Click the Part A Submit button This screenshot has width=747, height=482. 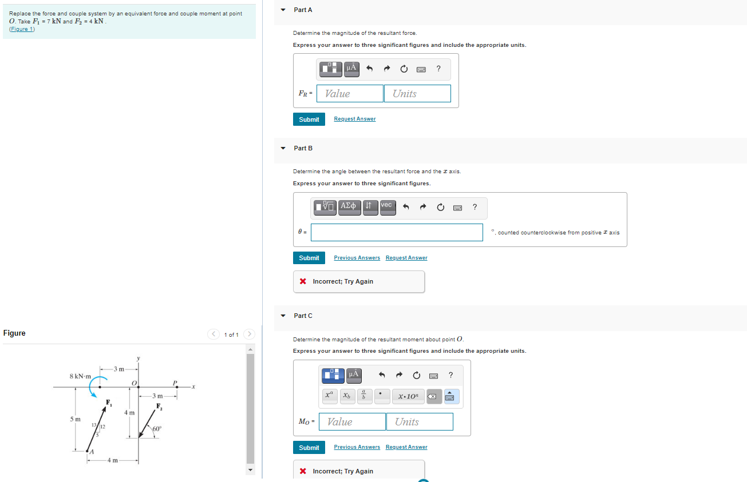[x=309, y=119]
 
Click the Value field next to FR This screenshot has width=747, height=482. [x=350, y=94]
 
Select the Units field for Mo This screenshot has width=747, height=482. [x=419, y=422]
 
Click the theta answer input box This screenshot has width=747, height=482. [x=397, y=232]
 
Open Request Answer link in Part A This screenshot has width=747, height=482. [x=355, y=119]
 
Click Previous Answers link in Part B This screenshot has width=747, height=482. [x=357, y=258]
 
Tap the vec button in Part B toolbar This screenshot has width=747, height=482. [x=388, y=206]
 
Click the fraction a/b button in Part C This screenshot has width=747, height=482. [x=365, y=396]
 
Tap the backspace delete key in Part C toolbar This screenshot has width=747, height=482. [x=434, y=396]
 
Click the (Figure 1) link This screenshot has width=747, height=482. [x=22, y=29]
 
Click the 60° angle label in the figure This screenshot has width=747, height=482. [x=156, y=428]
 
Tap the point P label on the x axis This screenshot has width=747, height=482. [x=175, y=382]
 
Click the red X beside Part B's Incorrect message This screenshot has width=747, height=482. [x=302, y=281]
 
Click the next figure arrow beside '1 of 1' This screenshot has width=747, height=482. [x=249, y=334]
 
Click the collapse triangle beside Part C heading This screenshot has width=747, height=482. [x=283, y=316]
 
